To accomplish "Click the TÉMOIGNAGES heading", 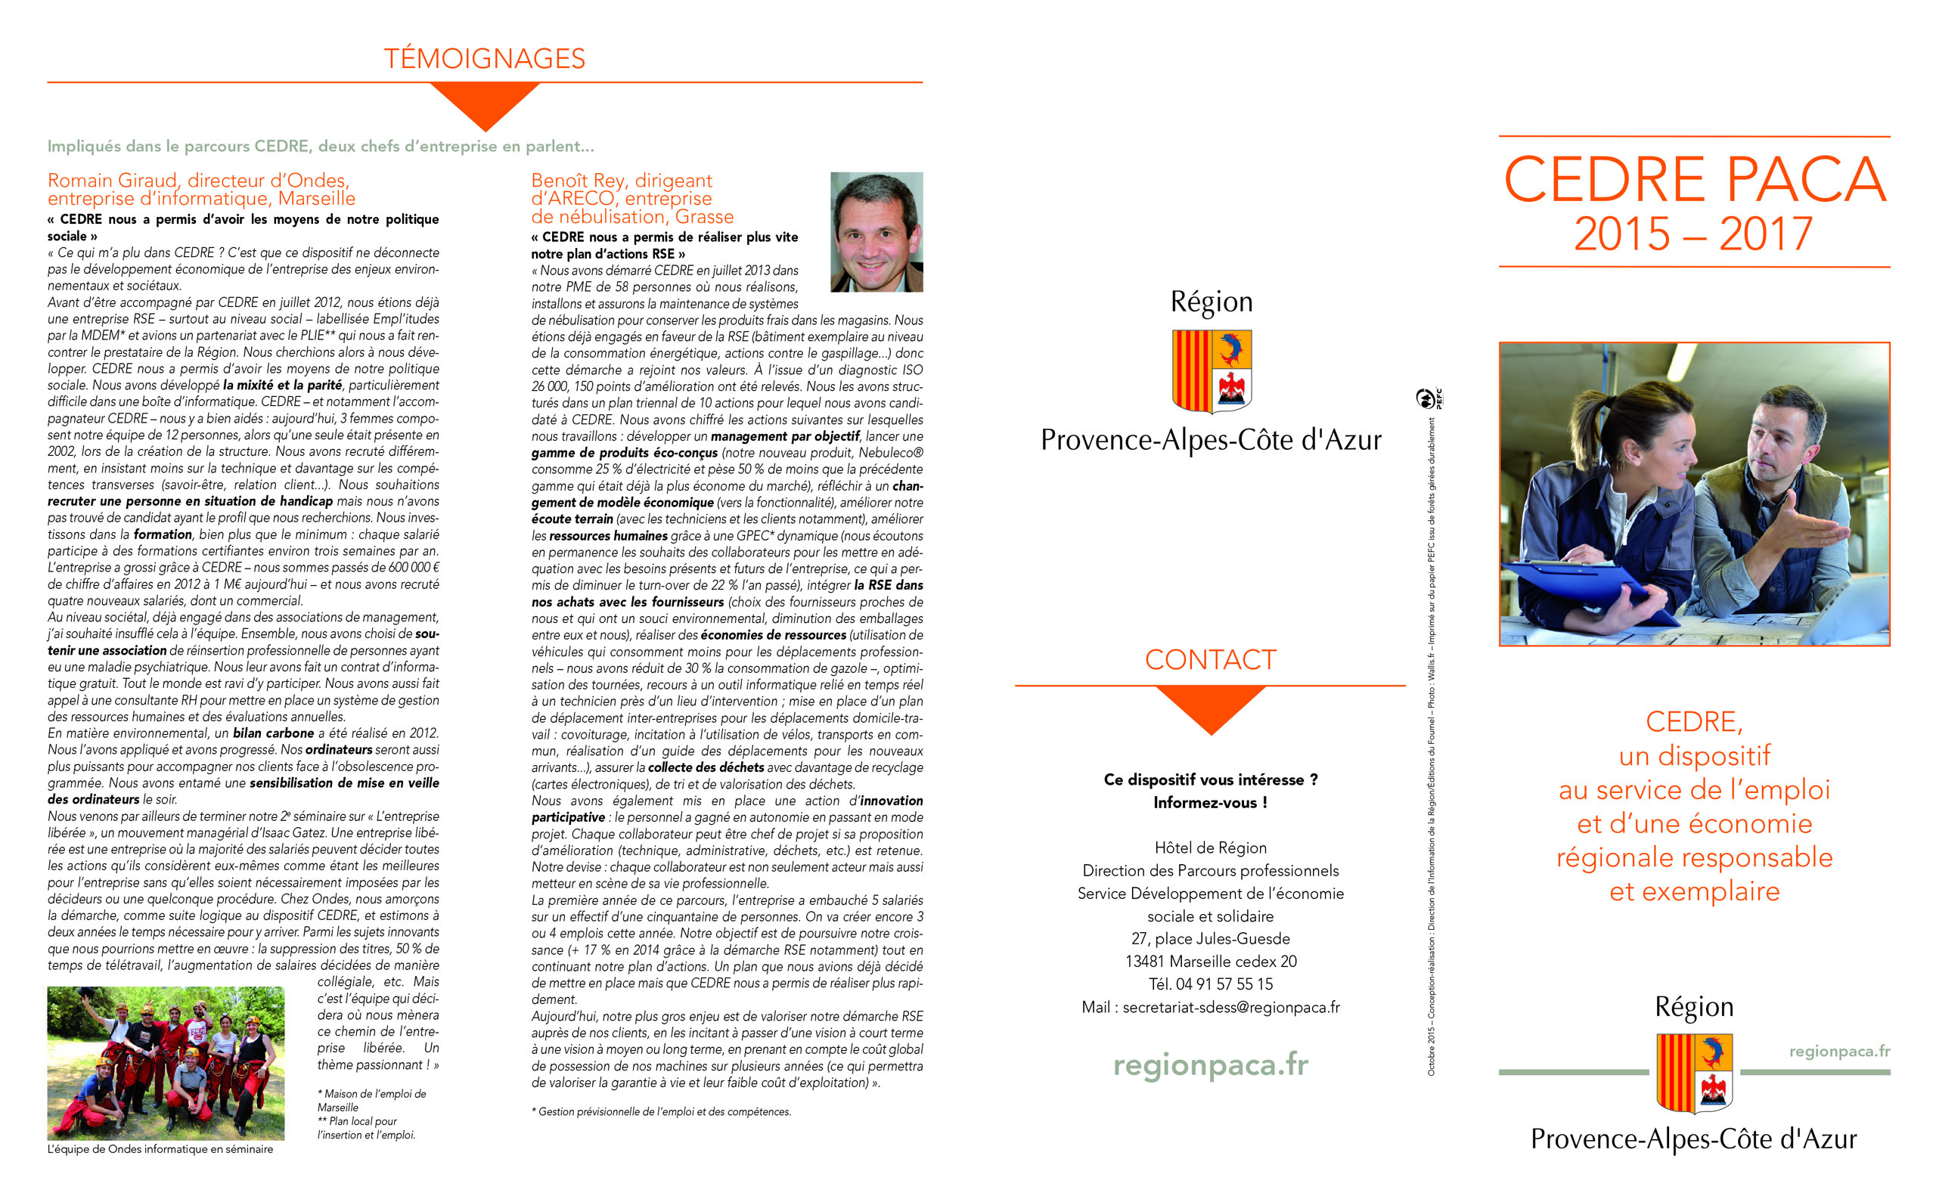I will point(484,59).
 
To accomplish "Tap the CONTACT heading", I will point(1209,660).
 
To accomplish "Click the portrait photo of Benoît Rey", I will point(876,231).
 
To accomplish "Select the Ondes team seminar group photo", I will point(166,1063).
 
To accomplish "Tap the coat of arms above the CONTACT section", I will point(1211,371).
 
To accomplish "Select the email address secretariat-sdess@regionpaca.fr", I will point(1231,1007).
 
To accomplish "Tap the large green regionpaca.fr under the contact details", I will point(1210,1064).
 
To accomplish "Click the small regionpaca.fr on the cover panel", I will point(1838,1051).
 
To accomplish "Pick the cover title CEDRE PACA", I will point(1693,180).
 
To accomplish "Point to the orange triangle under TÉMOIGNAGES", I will point(485,104).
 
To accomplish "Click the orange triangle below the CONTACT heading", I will point(1210,708).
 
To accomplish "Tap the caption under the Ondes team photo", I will point(160,1149).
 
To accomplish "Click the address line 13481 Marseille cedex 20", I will point(1210,961).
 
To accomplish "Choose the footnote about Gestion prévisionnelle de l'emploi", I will point(662,1112).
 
